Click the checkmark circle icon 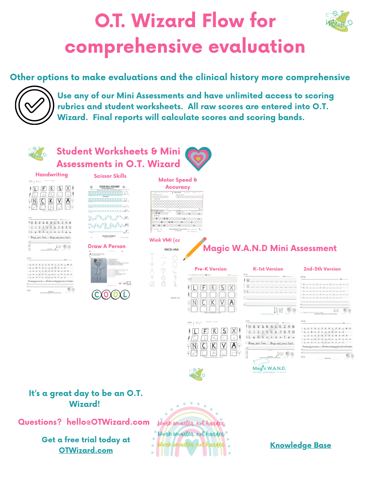point(34,105)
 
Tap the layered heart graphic point(198,158)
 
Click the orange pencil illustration point(195,248)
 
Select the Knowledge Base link point(300,445)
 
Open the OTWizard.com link point(86,450)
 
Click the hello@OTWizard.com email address point(108,422)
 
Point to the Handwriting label point(52,175)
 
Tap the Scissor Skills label point(110,176)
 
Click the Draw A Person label point(107,246)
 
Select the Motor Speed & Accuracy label point(178,183)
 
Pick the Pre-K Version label point(211,269)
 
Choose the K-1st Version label point(268,269)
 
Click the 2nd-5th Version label point(322,269)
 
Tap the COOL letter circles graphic point(110,294)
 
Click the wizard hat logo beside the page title point(339,22)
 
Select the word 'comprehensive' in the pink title point(134,47)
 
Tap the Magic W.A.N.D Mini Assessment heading point(270,248)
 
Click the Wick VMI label point(164,240)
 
